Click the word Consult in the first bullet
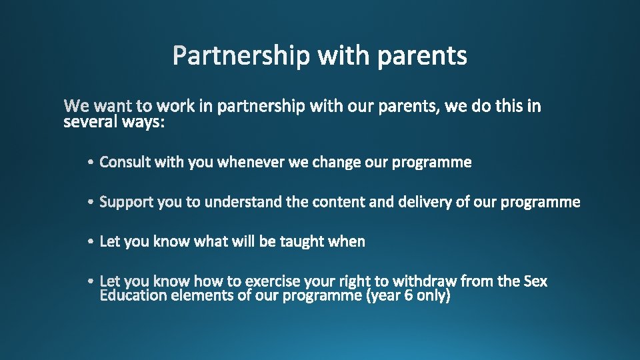coord(125,162)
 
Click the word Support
coord(127,202)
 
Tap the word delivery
coord(425,201)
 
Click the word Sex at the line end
coord(535,281)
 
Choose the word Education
coord(133,295)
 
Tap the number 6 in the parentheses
coord(408,295)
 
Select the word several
coord(88,122)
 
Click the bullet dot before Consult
coord(90,163)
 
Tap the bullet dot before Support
coord(90,202)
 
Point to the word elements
coord(203,295)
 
